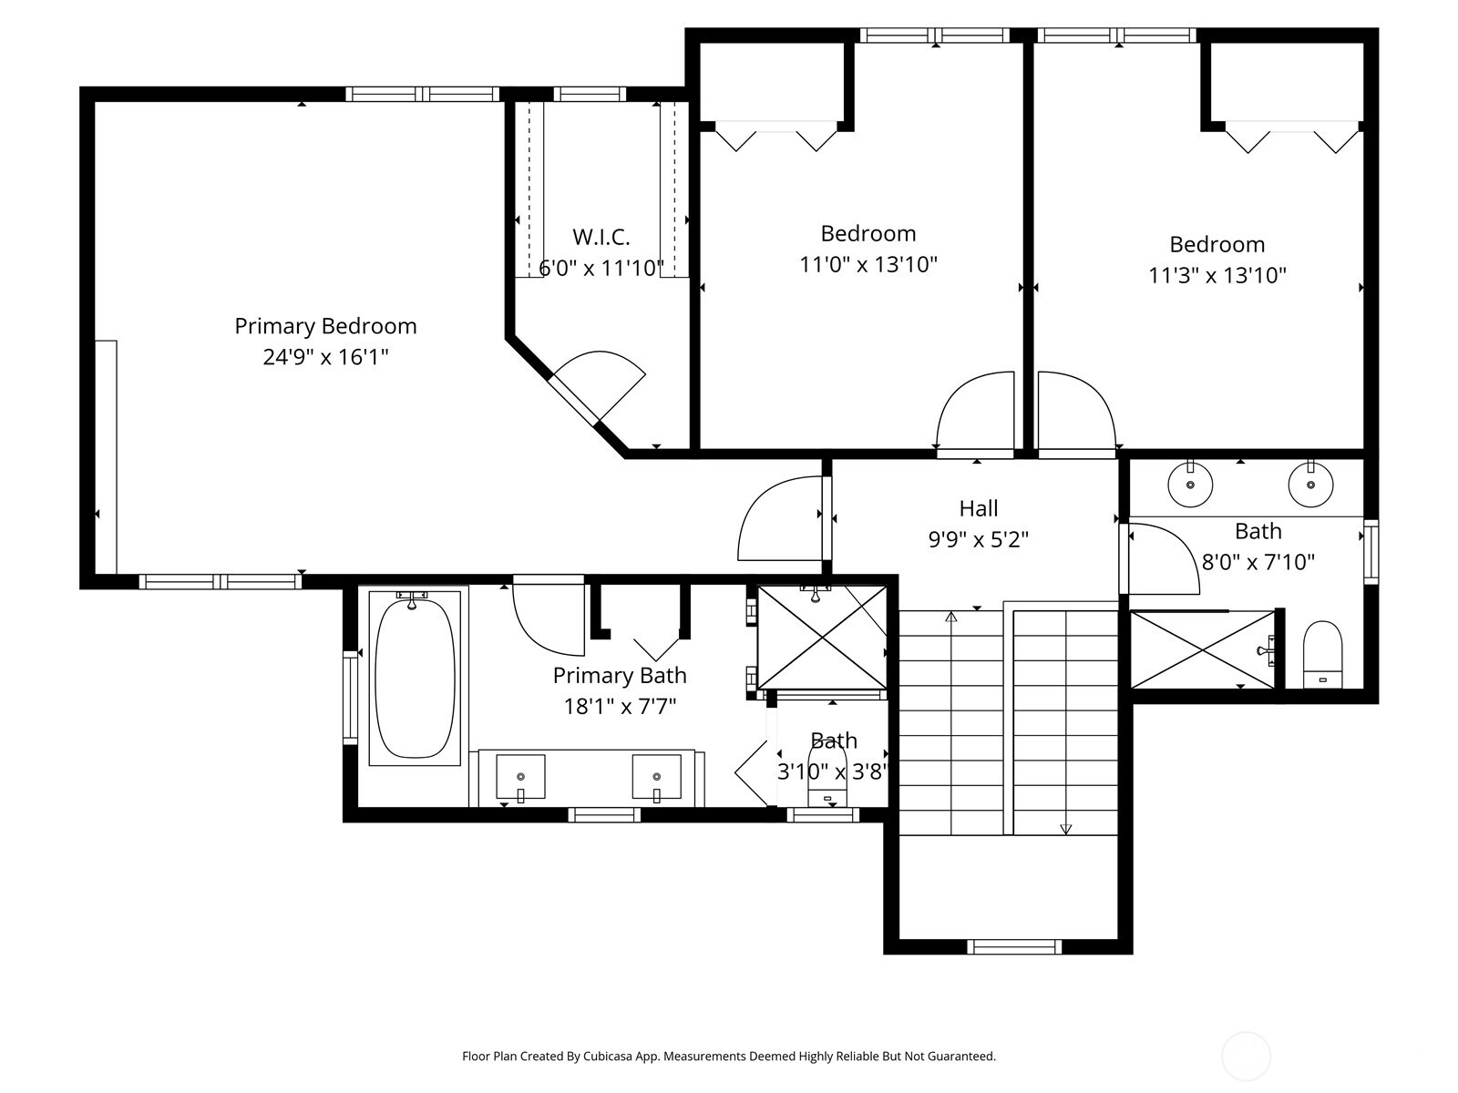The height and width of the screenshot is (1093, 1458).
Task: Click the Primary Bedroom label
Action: click(x=325, y=326)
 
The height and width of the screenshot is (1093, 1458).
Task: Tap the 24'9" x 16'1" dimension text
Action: click(x=325, y=357)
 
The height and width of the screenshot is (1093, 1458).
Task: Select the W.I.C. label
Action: click(x=601, y=236)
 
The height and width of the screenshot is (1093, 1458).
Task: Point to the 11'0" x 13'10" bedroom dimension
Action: click(x=868, y=264)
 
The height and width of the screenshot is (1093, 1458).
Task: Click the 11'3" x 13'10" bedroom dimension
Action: click(x=1217, y=275)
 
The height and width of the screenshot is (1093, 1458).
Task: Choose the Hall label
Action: click(x=979, y=508)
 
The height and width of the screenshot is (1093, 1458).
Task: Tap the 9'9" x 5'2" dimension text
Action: click(x=979, y=539)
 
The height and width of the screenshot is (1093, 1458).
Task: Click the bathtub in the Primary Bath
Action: click(x=415, y=679)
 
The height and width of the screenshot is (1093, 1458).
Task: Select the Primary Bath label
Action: click(x=620, y=676)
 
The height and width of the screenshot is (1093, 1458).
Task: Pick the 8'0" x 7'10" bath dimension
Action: click(x=1258, y=562)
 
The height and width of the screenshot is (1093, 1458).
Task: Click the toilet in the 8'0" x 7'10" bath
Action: click(x=1322, y=654)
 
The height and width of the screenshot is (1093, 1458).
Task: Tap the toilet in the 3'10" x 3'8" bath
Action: click(x=827, y=773)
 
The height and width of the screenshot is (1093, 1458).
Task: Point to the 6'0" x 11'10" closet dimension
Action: click(x=601, y=268)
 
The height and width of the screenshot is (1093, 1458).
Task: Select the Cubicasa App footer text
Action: click(x=729, y=1056)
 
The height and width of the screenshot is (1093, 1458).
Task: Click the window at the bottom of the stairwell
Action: click(x=1014, y=946)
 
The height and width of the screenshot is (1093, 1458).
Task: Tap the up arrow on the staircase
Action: click(x=951, y=618)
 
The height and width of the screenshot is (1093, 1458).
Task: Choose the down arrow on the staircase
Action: click(x=1066, y=829)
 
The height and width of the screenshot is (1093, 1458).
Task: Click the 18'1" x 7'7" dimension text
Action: click(x=620, y=706)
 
